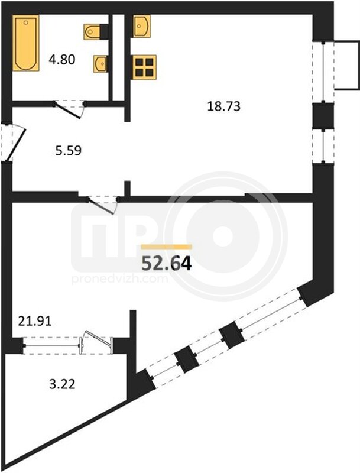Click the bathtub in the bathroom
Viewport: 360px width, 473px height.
26,43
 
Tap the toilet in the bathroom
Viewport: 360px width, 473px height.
92,32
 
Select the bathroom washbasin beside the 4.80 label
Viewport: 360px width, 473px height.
100,64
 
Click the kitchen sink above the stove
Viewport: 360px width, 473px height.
141,26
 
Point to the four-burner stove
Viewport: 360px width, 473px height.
144,67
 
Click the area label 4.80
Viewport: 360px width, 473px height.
62,60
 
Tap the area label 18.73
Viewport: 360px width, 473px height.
223,106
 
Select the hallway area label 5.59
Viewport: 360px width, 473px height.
68,150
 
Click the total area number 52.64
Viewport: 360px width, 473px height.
167,263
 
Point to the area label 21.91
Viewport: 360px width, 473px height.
35,321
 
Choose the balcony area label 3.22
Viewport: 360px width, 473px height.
62,384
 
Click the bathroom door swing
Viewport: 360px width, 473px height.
69,109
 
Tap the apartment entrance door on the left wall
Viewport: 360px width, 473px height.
13,143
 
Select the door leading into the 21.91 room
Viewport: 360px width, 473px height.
103,204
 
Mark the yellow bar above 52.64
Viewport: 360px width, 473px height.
167,247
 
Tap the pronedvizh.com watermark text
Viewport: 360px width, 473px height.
119,279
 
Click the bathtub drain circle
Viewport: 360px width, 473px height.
26,22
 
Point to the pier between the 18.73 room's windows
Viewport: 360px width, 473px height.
323,116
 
